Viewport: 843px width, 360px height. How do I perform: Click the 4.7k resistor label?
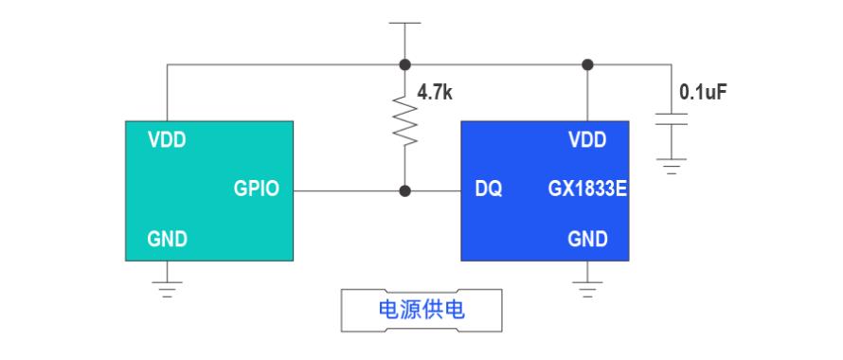point(435,93)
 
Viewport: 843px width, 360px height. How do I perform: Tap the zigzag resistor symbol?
point(405,120)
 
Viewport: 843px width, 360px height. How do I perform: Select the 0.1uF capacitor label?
point(703,93)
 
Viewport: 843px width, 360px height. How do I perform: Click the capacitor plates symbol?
point(671,119)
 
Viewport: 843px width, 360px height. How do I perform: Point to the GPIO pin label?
point(257,189)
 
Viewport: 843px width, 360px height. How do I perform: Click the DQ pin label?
point(489,189)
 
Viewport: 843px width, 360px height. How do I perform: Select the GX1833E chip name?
point(587,189)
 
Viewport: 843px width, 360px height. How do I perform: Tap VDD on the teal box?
point(167,140)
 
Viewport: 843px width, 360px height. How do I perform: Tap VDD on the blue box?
point(587,140)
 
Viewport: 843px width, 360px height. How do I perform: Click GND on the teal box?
point(168,239)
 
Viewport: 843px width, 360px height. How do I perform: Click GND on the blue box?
point(587,239)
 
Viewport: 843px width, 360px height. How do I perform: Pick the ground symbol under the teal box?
point(167,289)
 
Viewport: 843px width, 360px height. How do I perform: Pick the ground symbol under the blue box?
point(587,289)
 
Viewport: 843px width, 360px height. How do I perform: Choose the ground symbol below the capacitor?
point(671,167)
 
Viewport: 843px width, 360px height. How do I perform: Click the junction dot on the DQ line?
point(405,191)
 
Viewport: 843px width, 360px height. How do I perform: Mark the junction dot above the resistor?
point(405,64)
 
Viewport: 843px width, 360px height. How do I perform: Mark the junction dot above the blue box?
point(587,64)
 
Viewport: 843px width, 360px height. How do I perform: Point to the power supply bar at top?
point(404,23)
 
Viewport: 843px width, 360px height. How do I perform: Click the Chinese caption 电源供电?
point(421,310)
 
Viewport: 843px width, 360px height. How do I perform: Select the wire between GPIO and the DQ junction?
point(347,191)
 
